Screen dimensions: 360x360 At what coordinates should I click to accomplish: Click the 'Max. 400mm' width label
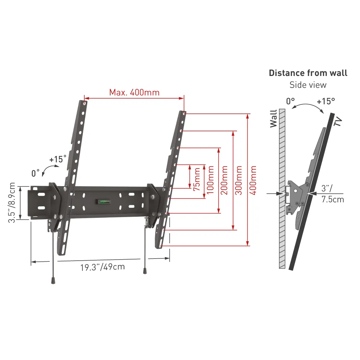pyautogui.click(x=134, y=92)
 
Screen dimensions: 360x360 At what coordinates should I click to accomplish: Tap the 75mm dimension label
pyautogui.click(x=197, y=179)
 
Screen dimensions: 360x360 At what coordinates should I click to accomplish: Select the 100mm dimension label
pyautogui.click(x=211, y=180)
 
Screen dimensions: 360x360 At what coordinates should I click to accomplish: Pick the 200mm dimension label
pyautogui.click(x=224, y=180)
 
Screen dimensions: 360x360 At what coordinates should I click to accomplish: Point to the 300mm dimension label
pyautogui.click(x=239, y=180)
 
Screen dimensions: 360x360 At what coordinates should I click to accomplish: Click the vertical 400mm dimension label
pyautogui.click(x=253, y=180)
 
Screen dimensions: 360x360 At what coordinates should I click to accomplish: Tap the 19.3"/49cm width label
pyautogui.click(x=103, y=267)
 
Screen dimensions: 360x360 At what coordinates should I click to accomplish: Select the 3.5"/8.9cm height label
pyautogui.click(x=12, y=202)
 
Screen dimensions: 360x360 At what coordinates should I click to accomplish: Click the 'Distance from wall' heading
pyautogui.click(x=308, y=73)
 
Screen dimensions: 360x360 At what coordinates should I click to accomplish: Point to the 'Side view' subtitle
pyautogui.click(x=308, y=85)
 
